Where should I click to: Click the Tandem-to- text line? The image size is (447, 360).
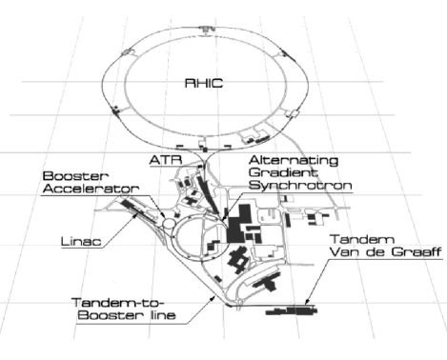(111, 304)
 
